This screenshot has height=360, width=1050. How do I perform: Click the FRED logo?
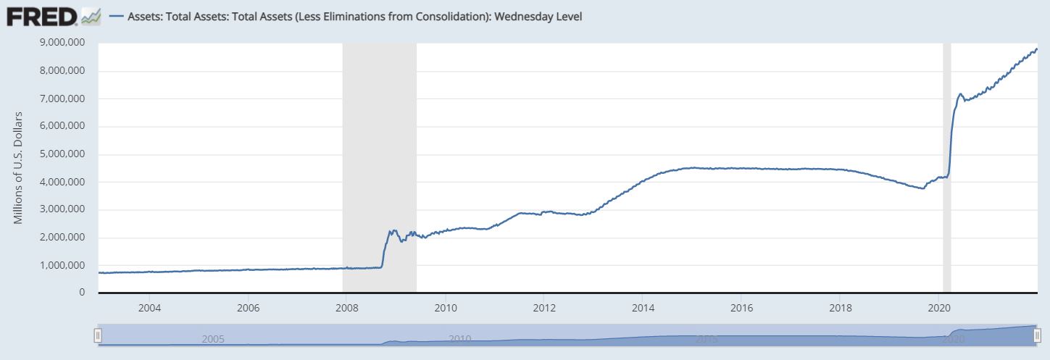coord(41,16)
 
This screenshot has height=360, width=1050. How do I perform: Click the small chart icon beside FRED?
coord(91,17)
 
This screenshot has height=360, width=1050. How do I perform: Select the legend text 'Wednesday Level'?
coord(537,16)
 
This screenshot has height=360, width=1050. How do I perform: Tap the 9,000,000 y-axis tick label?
coord(63,43)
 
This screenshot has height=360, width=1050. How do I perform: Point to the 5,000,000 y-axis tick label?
coord(63,154)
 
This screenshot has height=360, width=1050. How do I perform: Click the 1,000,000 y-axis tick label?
coord(63,265)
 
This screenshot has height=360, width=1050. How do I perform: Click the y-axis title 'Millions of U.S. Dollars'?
coord(19,167)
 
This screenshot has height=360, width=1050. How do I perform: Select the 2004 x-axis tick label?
coord(149,307)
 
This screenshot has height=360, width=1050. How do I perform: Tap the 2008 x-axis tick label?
coord(346,307)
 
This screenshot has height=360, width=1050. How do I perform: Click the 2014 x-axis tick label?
coord(642,307)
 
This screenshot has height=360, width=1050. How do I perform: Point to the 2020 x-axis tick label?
coord(938,307)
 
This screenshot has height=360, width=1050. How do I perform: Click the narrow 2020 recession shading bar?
coord(946,167)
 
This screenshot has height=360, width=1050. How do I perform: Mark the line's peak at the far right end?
coord(1036,49)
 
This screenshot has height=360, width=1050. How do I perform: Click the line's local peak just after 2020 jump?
coord(960,93)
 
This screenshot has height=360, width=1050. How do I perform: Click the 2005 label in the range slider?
coord(213,339)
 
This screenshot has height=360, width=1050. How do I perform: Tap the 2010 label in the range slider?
coord(460,339)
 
